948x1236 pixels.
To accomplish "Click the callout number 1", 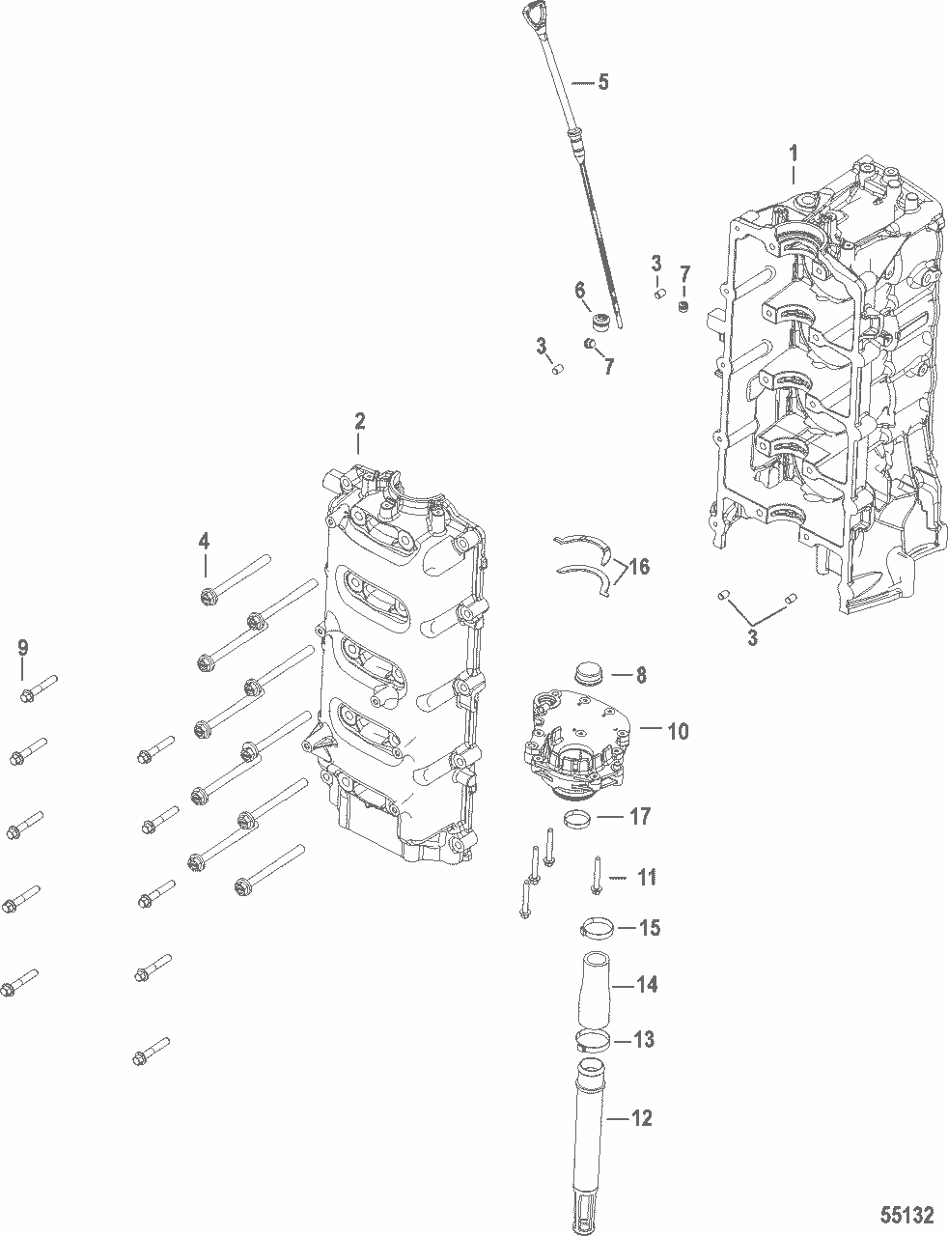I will coord(794,153).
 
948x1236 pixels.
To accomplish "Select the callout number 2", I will coord(359,422).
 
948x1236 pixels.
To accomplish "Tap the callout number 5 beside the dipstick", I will coord(603,82).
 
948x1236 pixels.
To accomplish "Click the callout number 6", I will coord(579,290).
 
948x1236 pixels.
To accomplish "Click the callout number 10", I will coord(678,731).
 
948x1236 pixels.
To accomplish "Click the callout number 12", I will coord(641,1118).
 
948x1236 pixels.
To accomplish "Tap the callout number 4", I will coord(204,542).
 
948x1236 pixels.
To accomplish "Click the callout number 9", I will coord(23,646).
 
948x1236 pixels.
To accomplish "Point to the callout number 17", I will coord(639,817).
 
